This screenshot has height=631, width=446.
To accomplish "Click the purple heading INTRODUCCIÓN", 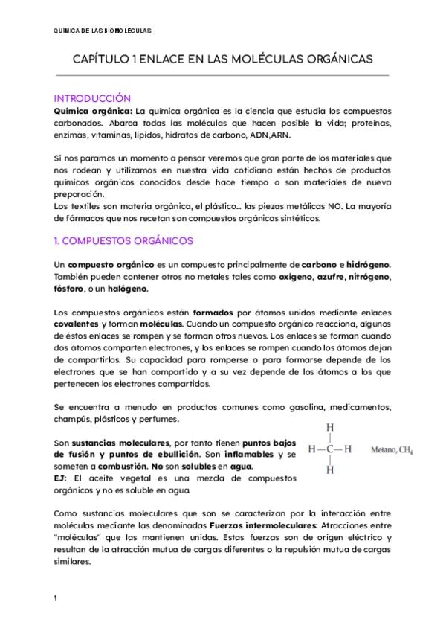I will [93, 98].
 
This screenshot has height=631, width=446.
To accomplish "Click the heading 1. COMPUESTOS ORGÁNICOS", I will [123, 241].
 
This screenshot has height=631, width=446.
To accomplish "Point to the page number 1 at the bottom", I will [56, 598].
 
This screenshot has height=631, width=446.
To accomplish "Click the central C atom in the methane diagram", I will [330, 449].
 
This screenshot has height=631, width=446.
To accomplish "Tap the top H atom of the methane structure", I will [330, 428].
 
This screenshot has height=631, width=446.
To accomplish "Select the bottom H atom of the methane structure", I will [330, 470].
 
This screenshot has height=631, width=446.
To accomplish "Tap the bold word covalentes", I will [77, 325].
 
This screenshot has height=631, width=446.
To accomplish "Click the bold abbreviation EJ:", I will [62, 478].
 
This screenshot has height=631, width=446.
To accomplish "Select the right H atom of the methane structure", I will [348, 449].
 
